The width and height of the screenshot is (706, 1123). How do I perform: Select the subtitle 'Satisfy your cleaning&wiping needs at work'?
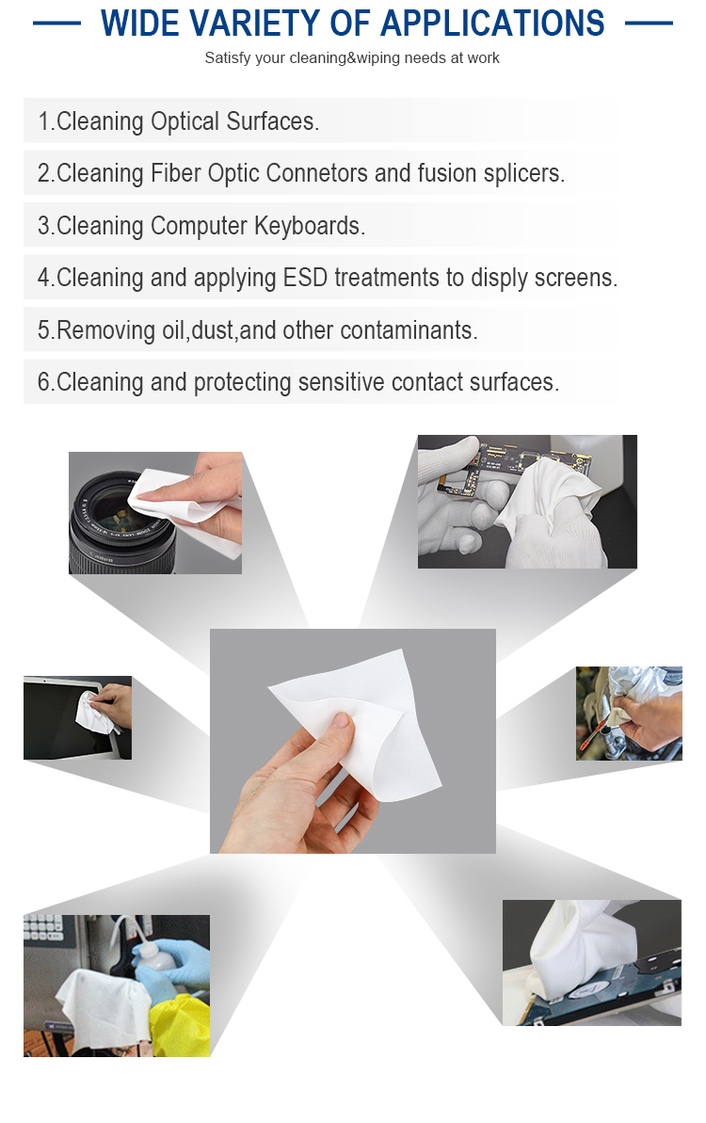point(352,58)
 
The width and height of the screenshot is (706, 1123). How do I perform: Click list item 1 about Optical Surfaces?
point(179,121)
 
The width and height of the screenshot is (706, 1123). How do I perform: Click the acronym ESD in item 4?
point(306,279)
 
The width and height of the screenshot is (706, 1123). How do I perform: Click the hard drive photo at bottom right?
point(591,962)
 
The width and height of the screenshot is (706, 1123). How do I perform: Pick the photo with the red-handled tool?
point(629,714)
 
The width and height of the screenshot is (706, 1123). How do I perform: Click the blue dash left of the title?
point(56,24)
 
